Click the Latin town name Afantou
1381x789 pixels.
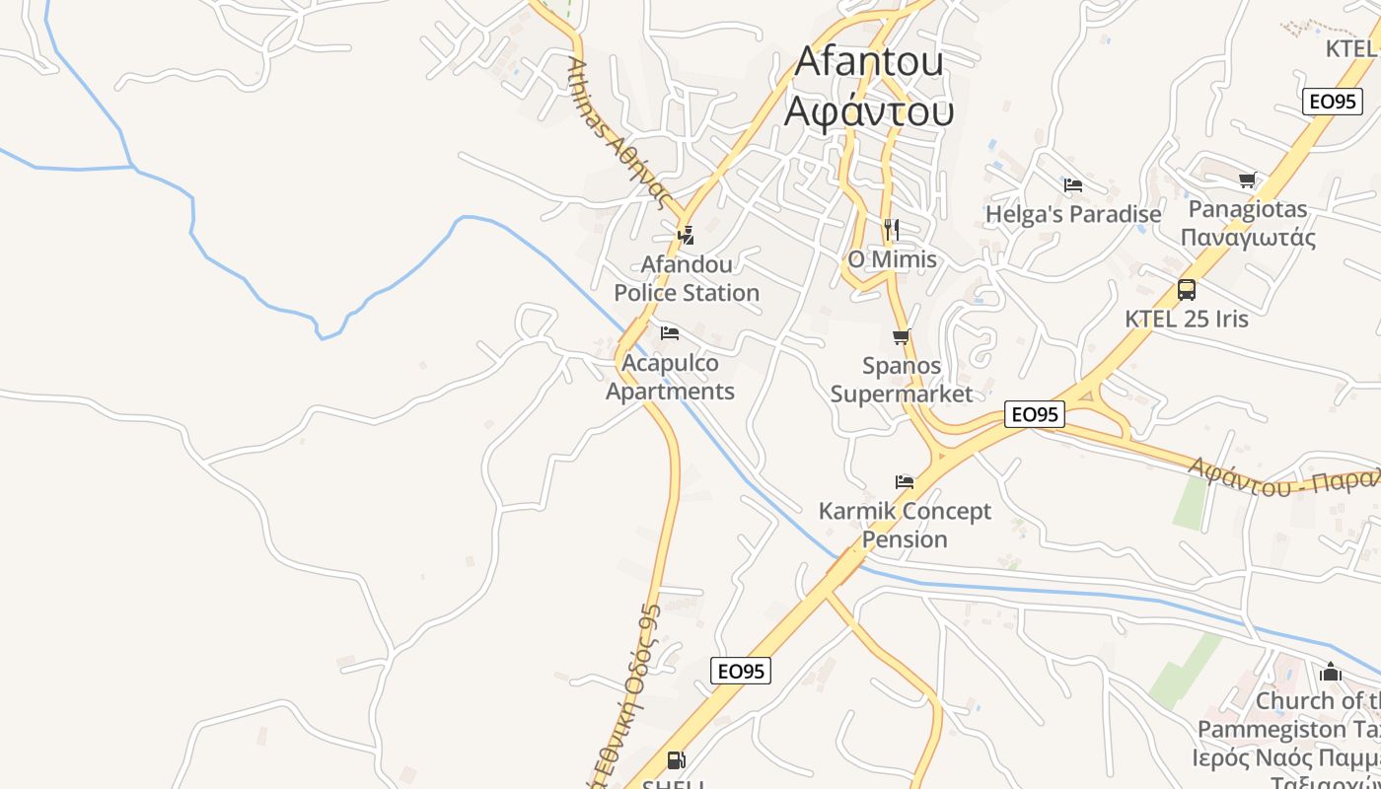pos(869,61)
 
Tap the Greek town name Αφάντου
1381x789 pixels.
pos(869,110)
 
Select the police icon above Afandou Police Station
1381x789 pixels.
pos(686,235)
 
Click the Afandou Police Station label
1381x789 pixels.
pos(687,278)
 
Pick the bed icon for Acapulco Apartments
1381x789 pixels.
pos(670,332)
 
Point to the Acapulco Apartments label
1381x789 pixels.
pos(670,377)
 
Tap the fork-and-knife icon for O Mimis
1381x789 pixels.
pos(892,230)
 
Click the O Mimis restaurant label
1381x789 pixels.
pos(892,259)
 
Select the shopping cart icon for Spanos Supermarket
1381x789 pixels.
pos(901,337)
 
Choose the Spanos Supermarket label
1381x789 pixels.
pos(902,380)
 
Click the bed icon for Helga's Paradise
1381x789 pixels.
pos(1073,184)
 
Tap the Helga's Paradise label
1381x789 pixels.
pos(1073,214)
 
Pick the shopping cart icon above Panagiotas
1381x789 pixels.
pos(1248,179)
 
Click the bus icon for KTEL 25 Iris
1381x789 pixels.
pos(1187,290)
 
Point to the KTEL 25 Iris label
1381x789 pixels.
pos(1187,319)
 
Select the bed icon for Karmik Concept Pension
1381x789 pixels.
pos(905,482)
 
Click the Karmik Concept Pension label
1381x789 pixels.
pos(905,525)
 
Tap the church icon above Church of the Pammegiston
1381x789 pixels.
pos(1331,673)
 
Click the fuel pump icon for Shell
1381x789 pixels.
pos(676,760)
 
